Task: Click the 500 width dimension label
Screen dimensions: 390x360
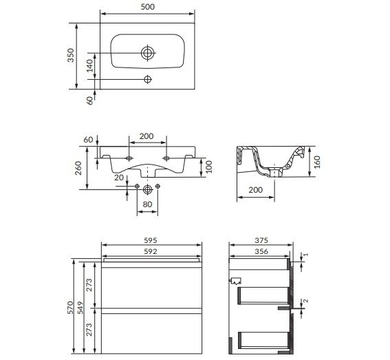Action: tap(148, 7)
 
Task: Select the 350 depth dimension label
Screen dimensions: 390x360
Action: tap(71, 55)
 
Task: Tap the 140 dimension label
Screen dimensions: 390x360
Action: tap(89, 65)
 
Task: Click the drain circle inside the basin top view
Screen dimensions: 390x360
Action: tap(147, 53)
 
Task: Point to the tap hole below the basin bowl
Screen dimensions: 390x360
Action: tap(148, 79)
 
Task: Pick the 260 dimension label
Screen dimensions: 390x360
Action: tap(78, 168)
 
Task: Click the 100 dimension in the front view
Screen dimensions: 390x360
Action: tap(209, 167)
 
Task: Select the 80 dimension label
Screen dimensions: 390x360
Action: tap(147, 204)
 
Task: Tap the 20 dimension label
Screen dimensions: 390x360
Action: tap(119, 178)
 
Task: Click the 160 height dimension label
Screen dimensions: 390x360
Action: tap(317, 162)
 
